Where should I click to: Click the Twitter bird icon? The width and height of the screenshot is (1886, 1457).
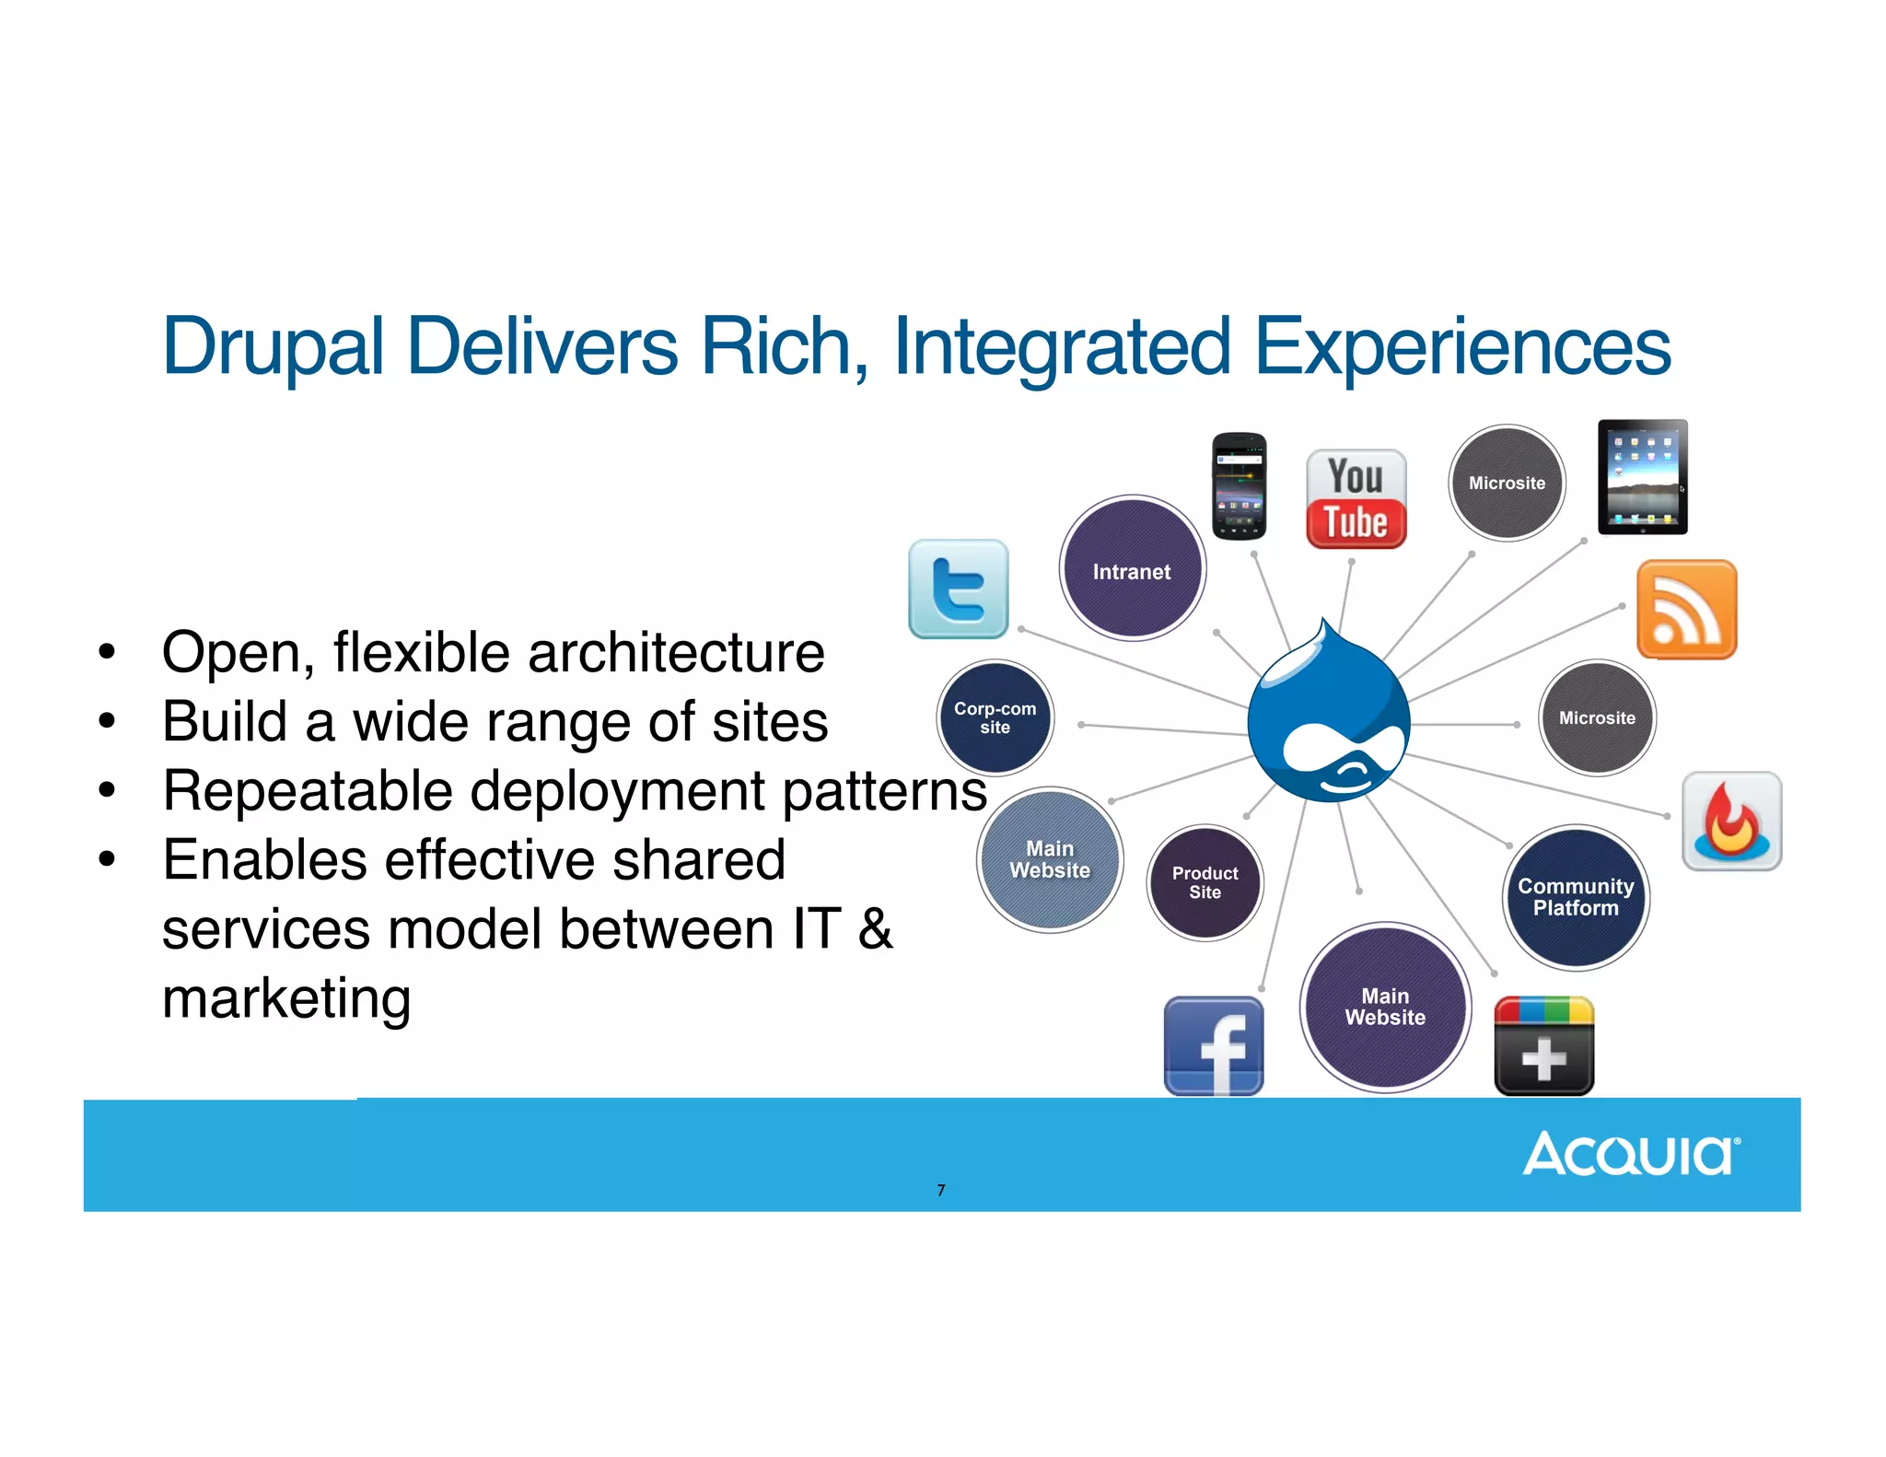[958, 589]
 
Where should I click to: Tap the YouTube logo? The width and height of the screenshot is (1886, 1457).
[1356, 499]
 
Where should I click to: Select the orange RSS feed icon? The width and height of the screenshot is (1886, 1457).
[1686, 609]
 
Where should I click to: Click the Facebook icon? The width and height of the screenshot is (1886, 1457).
[1213, 1046]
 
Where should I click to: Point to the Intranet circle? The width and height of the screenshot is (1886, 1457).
[1132, 568]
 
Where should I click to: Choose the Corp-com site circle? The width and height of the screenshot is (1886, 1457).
[995, 717]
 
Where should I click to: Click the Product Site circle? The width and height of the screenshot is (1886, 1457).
[1205, 882]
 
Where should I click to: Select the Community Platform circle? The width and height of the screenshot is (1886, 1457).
[1576, 897]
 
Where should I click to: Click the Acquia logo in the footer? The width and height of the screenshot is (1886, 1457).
[1631, 1154]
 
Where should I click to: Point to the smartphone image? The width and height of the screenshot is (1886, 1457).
[1239, 485]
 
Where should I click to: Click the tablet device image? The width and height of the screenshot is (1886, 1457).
[1643, 477]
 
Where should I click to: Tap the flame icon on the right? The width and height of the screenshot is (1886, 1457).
[1731, 821]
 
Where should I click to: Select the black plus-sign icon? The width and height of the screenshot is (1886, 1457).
[1543, 1046]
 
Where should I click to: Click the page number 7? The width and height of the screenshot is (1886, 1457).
[940, 1190]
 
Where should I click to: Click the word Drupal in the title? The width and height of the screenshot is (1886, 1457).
[273, 347]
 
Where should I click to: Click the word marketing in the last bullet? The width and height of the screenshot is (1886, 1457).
[286, 998]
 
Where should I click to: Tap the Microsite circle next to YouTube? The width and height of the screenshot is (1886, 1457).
[1507, 483]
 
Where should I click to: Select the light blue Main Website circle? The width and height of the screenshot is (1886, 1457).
[1050, 859]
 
